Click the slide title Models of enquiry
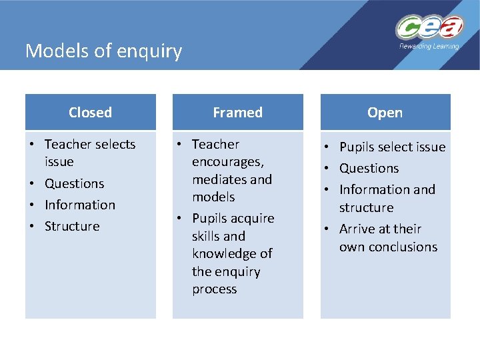pyautogui.click(x=103, y=51)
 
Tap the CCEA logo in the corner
pyautogui.click(x=429, y=28)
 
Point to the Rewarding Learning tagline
pyautogui.click(x=429, y=47)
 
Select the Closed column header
pyautogui.click(x=90, y=113)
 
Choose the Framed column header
pyautogui.click(x=237, y=113)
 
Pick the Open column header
pyautogui.click(x=385, y=113)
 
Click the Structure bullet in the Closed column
pyautogui.click(x=72, y=226)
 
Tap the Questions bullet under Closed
pyautogui.click(x=75, y=183)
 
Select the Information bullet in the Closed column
pyautogui.click(x=80, y=205)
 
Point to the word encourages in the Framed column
pyautogui.click(x=227, y=162)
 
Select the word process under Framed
pyautogui.click(x=214, y=289)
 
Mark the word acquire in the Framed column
pyautogui.click(x=252, y=218)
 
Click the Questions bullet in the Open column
pyautogui.click(x=369, y=168)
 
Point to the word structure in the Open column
pyautogui.click(x=366, y=207)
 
